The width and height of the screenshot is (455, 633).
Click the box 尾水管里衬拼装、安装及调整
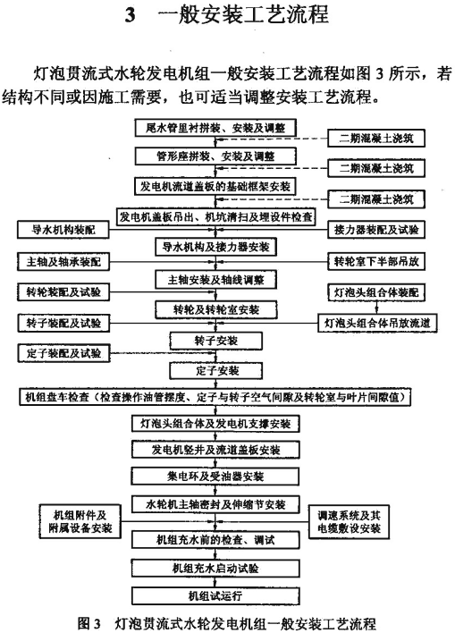click(215, 128)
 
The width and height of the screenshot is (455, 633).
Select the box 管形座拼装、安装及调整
click(215, 156)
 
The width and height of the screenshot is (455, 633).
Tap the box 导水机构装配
click(63, 230)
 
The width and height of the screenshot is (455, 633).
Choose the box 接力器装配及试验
click(376, 230)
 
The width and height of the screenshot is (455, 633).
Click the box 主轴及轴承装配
click(63, 262)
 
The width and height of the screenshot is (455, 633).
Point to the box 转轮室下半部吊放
click(376, 262)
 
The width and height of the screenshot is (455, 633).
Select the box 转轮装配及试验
click(63, 291)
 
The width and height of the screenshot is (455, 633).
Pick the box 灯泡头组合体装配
click(376, 291)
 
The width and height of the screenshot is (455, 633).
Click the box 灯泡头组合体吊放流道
click(377, 323)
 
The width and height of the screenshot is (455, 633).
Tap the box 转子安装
click(216, 342)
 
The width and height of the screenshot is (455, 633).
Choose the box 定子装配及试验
click(63, 354)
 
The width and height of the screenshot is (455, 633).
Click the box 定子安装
click(216, 371)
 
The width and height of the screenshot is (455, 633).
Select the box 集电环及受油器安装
click(215, 477)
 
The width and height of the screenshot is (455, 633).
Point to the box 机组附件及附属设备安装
click(80, 521)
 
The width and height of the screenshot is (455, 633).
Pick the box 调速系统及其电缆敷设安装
click(349, 521)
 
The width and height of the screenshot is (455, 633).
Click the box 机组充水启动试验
click(215, 569)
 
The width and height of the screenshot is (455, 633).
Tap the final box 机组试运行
click(215, 595)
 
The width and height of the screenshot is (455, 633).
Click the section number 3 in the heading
click(130, 16)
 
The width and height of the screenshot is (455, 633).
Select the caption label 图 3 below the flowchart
click(88, 623)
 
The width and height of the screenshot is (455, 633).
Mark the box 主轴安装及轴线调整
click(216, 280)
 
